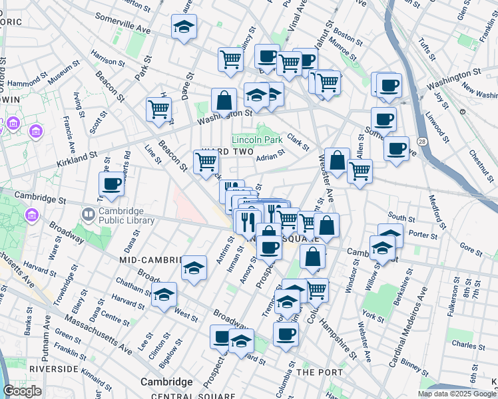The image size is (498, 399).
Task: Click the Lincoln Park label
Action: click(257, 140)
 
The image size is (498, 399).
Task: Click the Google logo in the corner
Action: click(22, 391)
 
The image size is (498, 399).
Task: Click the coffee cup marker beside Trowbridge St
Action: click(111, 184)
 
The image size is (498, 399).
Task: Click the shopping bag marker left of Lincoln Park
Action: click(224, 100)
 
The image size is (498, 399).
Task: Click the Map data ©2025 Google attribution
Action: click(456, 394)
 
